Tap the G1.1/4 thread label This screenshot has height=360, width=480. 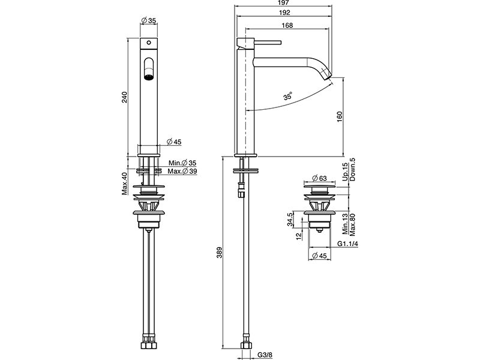[x=347, y=244]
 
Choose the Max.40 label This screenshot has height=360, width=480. [x=125, y=184]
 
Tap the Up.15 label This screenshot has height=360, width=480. [x=345, y=170]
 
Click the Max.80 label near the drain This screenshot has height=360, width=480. [x=353, y=227]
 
